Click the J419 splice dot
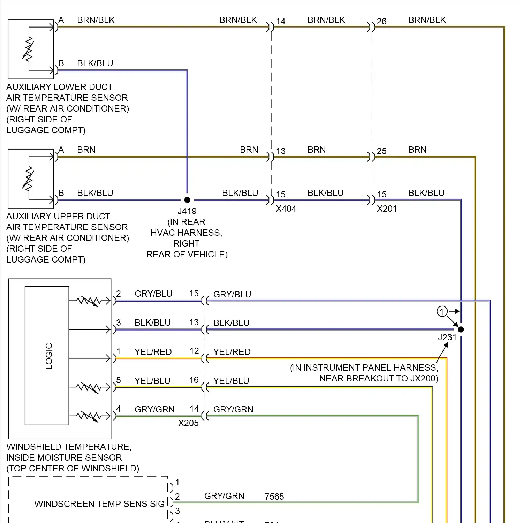187,200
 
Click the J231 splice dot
461,329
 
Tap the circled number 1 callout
442,311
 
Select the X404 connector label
286,209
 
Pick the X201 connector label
387,209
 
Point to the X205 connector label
188,423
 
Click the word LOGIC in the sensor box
49,356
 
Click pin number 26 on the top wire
381,21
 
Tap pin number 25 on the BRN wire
381,151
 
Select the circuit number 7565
274,497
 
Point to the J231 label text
447,338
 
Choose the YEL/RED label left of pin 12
153,352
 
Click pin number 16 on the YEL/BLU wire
194,380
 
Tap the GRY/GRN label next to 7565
224,496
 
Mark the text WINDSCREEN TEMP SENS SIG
99,504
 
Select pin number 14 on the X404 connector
281,21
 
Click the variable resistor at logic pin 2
89,301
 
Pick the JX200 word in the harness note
423,379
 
